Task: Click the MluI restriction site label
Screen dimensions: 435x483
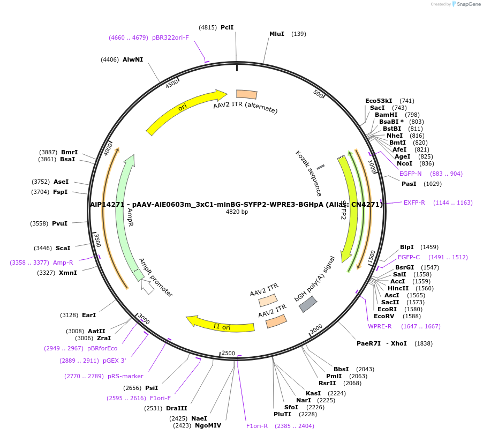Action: (x=276, y=34)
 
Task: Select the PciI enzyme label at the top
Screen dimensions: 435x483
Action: (x=227, y=27)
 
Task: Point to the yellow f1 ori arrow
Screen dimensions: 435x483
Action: (x=220, y=325)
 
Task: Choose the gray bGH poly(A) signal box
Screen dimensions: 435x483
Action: (x=307, y=304)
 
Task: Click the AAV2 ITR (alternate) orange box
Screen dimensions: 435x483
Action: (x=247, y=94)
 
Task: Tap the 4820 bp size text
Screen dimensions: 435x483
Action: (x=237, y=212)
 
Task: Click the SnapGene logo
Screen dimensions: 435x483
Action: (x=466, y=4)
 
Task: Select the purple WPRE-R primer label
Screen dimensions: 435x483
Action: (x=379, y=326)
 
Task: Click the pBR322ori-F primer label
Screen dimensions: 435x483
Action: (x=170, y=37)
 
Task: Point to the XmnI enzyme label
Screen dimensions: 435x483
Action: (x=67, y=273)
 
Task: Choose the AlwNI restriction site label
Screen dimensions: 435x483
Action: (x=132, y=59)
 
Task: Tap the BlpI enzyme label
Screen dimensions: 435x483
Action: (x=406, y=247)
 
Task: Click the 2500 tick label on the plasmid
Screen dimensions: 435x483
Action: (x=229, y=352)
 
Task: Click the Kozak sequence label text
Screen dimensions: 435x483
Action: (x=308, y=172)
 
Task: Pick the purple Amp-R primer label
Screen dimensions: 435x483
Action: (x=63, y=262)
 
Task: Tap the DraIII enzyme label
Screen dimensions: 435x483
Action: (x=176, y=408)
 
